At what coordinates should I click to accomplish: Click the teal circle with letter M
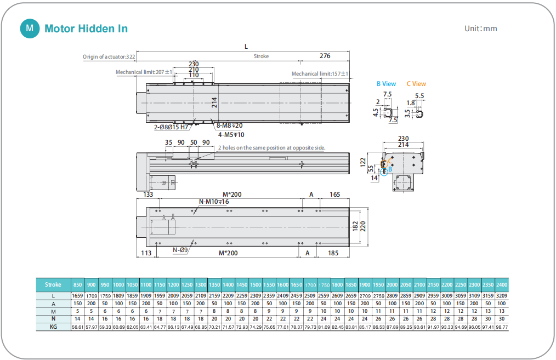[30, 28]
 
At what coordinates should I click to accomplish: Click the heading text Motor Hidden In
[86, 28]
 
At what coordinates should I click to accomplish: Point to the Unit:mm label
[481, 28]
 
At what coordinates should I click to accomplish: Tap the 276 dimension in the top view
[325, 56]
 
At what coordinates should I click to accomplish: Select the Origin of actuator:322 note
[109, 56]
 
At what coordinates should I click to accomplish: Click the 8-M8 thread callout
[229, 125]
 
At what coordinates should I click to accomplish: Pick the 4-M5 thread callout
[231, 135]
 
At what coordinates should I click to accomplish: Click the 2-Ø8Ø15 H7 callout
[171, 127]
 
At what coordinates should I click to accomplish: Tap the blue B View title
[386, 84]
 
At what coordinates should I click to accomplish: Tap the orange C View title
[416, 84]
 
